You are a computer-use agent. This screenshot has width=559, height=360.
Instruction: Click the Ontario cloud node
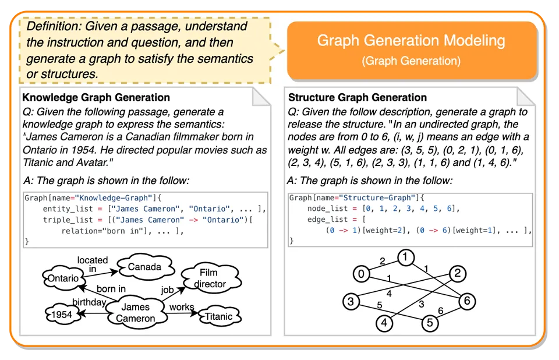pyautogui.click(x=63, y=278)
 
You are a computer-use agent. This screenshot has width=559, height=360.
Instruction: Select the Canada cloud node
pyautogui.click(x=144, y=267)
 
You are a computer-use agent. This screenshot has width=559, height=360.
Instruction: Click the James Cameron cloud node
pyautogui.click(x=136, y=312)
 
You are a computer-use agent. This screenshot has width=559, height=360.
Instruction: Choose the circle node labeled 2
pyautogui.click(x=458, y=273)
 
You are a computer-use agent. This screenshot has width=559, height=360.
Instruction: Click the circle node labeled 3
pyautogui.click(x=351, y=301)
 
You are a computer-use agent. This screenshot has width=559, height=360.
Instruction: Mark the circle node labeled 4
pyautogui.click(x=384, y=322)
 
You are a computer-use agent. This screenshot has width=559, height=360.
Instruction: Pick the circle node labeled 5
pyautogui.click(x=429, y=322)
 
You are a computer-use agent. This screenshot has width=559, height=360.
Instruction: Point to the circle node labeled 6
pyautogui.click(x=467, y=301)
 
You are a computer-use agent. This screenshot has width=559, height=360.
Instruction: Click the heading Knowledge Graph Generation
pyautogui.click(x=96, y=97)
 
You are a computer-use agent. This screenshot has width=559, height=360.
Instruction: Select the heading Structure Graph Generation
pyautogui.click(x=358, y=97)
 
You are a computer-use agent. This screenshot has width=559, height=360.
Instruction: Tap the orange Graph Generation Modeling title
pyautogui.click(x=411, y=41)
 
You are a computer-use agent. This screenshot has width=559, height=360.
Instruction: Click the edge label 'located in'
pyautogui.click(x=93, y=263)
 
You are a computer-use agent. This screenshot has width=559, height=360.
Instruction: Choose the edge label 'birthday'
pyautogui.click(x=89, y=302)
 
